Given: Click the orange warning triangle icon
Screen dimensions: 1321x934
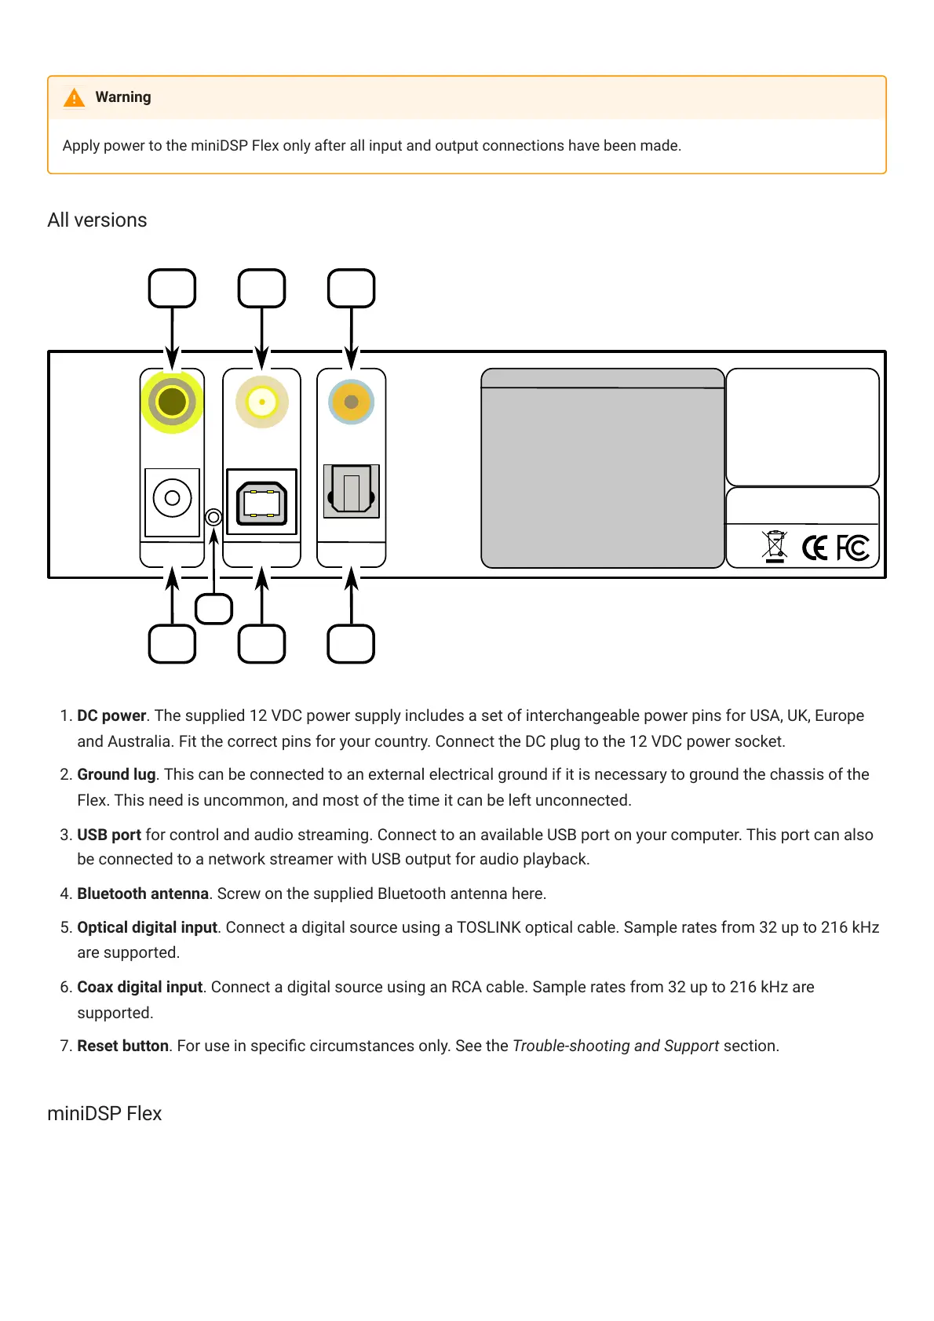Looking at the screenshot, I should click(75, 98).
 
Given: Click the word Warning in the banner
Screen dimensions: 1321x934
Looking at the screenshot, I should click(123, 97).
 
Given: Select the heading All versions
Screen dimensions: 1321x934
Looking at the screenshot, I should click(97, 220).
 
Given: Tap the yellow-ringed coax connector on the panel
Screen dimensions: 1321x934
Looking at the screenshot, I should click(172, 402).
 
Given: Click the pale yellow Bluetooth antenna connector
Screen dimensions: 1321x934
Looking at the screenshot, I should click(262, 402).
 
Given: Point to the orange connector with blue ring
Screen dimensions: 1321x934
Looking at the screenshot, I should click(351, 402).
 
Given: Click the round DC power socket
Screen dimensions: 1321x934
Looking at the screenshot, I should click(173, 498).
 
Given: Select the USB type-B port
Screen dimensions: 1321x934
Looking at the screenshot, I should click(262, 502).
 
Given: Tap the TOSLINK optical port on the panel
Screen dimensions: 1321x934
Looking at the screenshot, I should click(352, 492).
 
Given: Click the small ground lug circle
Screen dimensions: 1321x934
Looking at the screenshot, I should click(213, 517).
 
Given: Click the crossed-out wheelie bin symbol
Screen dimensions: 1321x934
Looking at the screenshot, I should click(775, 546).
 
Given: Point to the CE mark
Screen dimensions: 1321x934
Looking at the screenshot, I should click(815, 548).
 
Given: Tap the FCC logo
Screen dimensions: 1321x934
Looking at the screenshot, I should click(852, 548).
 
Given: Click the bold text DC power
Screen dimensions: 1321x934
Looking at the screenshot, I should click(111, 715).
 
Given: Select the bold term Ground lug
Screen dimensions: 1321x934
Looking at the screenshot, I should click(116, 774).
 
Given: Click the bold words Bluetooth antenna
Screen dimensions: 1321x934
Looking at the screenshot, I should click(143, 893).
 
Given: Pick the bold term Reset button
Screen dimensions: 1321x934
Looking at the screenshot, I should click(122, 1046).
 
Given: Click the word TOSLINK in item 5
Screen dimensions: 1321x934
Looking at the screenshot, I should click(488, 927).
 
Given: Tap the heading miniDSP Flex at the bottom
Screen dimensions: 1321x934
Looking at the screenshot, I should click(104, 1114).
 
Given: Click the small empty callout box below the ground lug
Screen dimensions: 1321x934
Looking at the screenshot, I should click(214, 609).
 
